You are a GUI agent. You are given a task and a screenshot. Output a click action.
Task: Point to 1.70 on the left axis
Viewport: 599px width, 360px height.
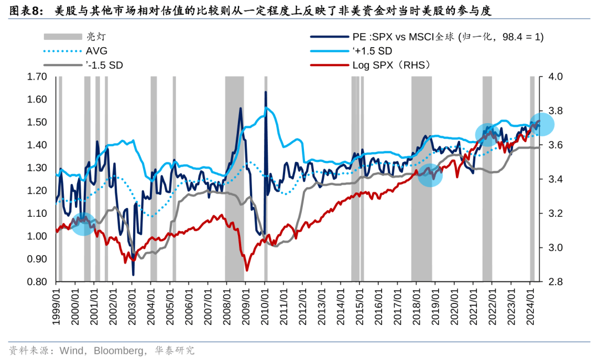(37, 77)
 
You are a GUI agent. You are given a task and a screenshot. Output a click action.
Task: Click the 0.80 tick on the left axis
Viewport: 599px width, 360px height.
(37, 282)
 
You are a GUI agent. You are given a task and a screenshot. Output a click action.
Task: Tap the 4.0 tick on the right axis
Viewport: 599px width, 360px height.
(556, 77)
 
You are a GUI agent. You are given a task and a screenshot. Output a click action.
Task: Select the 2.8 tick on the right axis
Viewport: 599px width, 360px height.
(556, 282)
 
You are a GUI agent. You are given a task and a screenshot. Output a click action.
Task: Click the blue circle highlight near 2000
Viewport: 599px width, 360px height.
(83, 224)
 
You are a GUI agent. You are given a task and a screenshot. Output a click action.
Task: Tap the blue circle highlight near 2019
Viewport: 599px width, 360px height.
(430, 175)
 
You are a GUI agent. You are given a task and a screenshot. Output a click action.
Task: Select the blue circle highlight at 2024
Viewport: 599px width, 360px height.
(542, 124)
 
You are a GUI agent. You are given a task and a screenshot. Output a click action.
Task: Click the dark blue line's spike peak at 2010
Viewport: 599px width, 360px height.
(266, 92)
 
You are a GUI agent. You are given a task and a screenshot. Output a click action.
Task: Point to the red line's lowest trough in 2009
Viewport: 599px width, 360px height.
(247, 270)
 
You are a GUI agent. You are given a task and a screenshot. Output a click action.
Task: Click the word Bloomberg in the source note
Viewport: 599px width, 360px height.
(117, 351)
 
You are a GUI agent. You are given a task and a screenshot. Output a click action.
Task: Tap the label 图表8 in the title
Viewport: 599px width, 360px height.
(23, 11)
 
